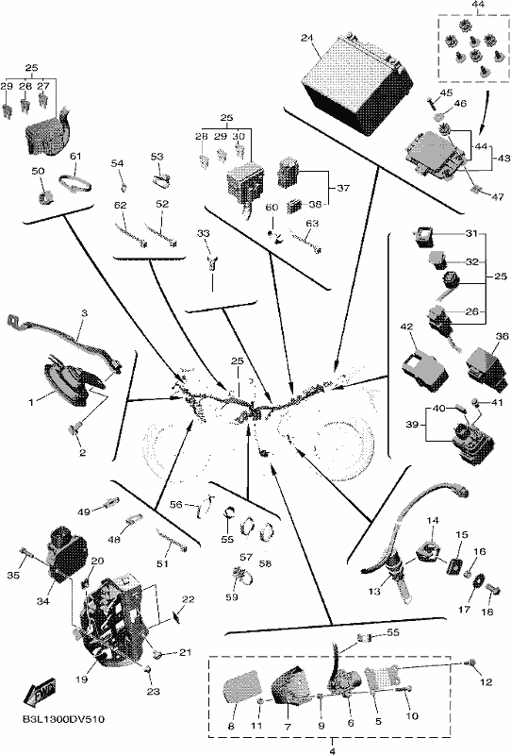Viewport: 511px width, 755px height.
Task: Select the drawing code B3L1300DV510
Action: coord(63,720)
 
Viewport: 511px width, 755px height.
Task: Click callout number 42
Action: coord(406,327)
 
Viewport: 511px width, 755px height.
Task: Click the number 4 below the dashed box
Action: coord(332,750)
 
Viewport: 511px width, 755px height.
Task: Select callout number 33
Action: coord(204,234)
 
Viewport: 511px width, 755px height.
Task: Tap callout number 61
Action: coord(75,156)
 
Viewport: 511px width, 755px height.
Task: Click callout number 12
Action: coord(486,681)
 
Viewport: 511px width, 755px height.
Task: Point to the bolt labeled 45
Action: coord(431,103)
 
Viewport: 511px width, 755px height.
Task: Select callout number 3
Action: coord(84,313)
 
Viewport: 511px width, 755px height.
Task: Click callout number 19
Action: coord(81,679)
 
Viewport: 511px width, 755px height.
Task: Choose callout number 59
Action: coord(232,597)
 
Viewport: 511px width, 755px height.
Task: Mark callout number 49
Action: coord(84,512)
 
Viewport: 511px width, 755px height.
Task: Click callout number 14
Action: coord(433,521)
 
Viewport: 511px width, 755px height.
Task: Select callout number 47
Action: coord(497,197)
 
